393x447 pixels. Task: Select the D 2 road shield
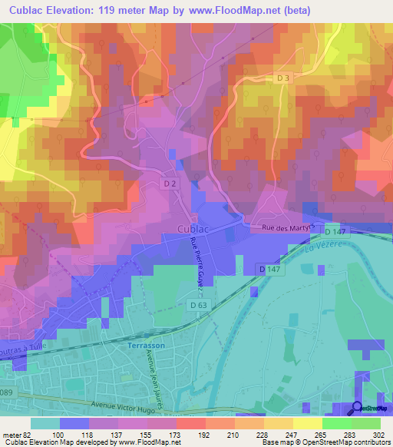point(170,184)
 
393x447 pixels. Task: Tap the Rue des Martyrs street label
point(288,227)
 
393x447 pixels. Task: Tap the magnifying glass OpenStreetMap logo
point(356,409)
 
